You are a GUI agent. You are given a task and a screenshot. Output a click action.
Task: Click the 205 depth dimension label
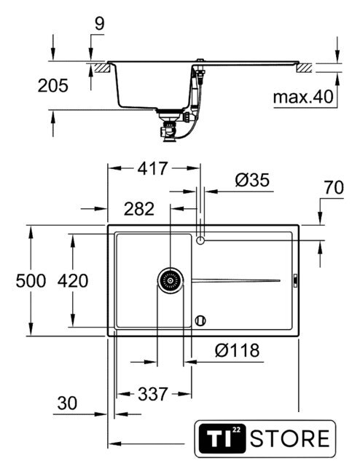click(53, 86)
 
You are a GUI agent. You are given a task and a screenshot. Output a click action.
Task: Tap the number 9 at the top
click(100, 23)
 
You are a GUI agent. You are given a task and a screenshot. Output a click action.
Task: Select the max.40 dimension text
click(303, 97)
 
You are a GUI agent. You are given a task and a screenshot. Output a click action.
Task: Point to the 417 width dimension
click(152, 168)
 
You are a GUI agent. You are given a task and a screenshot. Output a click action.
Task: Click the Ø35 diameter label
click(252, 180)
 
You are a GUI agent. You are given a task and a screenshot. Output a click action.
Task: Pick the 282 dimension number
click(139, 209)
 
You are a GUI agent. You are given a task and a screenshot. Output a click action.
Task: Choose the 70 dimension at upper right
click(334, 188)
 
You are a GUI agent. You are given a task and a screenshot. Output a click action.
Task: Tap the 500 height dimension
click(31, 281)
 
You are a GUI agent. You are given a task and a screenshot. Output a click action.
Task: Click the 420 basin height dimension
click(73, 281)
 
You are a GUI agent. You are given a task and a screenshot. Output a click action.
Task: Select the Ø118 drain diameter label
click(237, 350)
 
